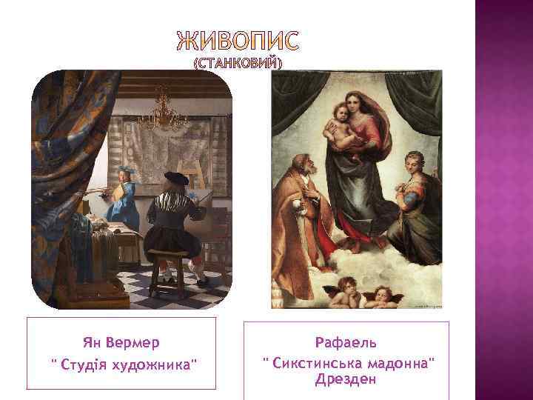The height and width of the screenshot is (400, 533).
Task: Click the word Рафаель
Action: click(x=346, y=343)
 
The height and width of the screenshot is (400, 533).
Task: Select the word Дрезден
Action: click(x=346, y=379)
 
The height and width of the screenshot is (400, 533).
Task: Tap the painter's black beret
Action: click(x=176, y=178)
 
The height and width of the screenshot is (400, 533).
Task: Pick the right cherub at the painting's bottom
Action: click(x=382, y=294)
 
